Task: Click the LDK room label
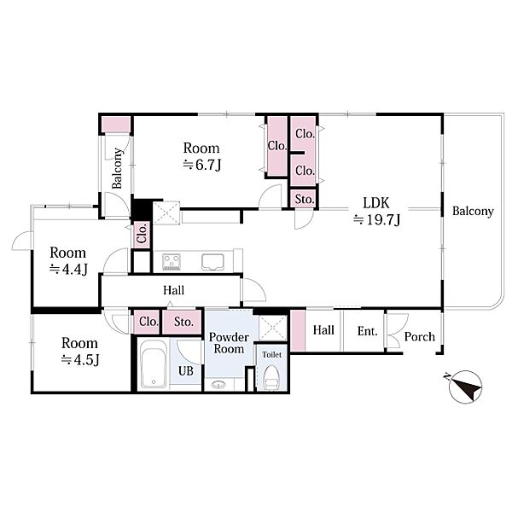point(375,203)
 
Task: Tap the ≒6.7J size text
point(201,165)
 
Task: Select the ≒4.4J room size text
point(68,270)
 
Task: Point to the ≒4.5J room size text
point(80,360)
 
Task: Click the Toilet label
point(271,354)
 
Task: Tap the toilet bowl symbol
point(271,378)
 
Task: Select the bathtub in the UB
point(153,364)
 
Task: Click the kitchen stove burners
point(172,262)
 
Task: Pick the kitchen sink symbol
point(212,262)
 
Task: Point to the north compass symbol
point(465,387)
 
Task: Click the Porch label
point(420,337)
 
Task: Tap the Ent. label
point(367,331)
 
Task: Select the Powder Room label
point(229,343)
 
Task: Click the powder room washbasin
point(218,385)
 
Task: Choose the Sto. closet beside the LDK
point(305,199)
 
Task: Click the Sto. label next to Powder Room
point(183,322)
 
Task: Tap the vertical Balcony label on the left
point(117,168)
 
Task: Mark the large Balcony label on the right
point(473,212)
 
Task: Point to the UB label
point(186,370)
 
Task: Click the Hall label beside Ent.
point(323,330)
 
